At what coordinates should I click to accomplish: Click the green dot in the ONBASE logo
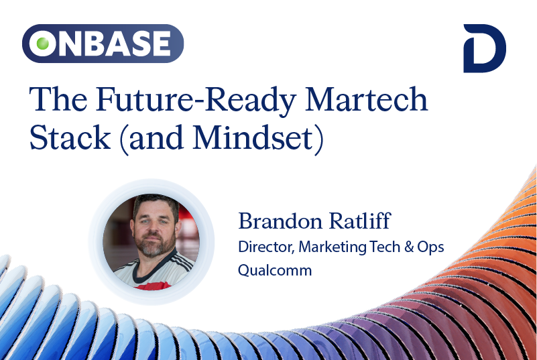click(42, 44)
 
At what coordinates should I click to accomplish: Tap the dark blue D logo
click(484, 48)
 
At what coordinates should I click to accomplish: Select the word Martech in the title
click(366, 99)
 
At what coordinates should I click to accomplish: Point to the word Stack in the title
click(70, 137)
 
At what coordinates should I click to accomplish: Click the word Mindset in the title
click(253, 137)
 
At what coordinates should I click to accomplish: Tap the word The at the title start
click(58, 99)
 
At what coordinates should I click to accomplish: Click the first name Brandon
click(280, 221)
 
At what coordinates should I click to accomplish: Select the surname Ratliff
click(360, 221)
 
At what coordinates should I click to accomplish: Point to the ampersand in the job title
click(408, 247)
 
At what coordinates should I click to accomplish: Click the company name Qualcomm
click(275, 270)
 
